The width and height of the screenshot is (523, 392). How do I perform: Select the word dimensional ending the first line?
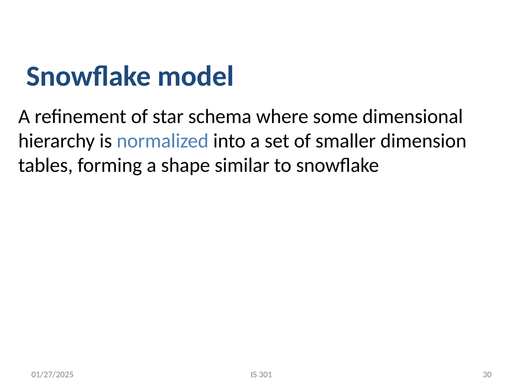412,117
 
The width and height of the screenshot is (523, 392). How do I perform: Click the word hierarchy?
56,141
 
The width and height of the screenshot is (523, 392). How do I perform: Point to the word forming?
110,166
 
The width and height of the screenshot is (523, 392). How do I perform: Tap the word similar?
242,166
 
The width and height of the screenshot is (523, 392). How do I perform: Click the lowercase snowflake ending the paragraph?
337,166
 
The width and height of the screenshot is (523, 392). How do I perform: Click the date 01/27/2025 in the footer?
52,375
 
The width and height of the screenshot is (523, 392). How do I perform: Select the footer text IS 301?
261,375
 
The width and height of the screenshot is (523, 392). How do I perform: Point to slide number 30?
487,375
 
